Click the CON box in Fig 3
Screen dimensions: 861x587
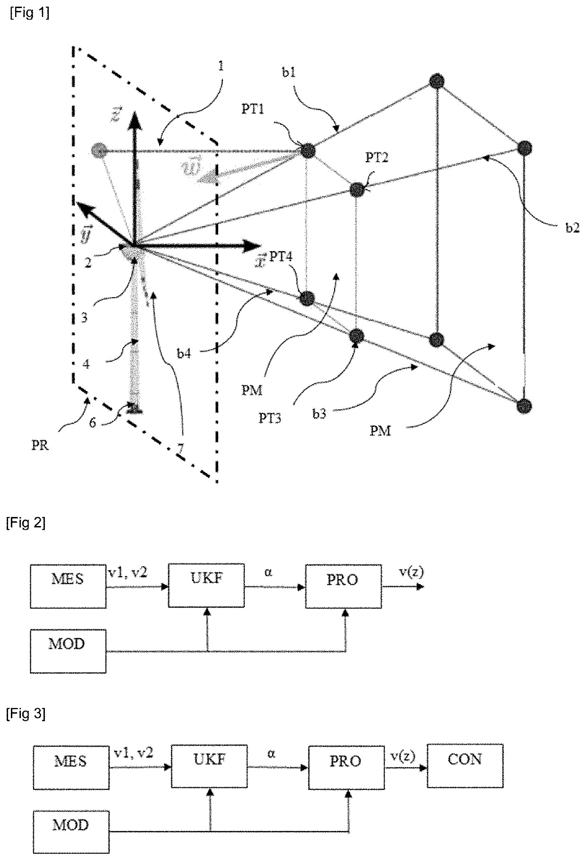click(x=464, y=765)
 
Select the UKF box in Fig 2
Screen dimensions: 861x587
click(x=206, y=585)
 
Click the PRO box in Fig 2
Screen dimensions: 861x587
click(x=343, y=586)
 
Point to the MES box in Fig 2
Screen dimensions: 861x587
click(x=68, y=585)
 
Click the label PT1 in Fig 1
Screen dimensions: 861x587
click(x=253, y=109)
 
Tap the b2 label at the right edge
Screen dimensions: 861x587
click(x=572, y=228)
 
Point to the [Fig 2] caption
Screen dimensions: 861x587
click(x=26, y=523)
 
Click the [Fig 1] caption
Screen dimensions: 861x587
click(x=29, y=13)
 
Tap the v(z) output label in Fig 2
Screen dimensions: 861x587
click(x=411, y=572)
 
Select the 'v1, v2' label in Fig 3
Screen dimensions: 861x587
click(x=133, y=752)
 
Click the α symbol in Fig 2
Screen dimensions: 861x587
click(x=268, y=573)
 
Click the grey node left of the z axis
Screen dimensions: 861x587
click(x=98, y=150)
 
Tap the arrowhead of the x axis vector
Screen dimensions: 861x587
click(x=253, y=246)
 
